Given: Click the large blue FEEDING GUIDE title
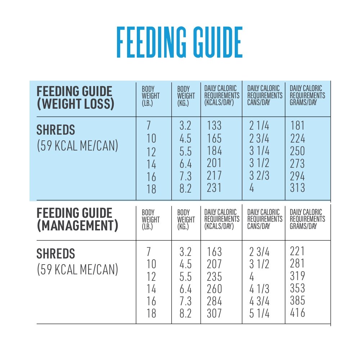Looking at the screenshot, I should (179, 42).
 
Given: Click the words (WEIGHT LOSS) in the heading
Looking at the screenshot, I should (75, 104).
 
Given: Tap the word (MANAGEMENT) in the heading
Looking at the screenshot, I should (77, 226).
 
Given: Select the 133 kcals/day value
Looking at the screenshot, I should (214, 126).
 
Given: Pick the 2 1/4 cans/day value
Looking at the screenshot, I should (259, 126).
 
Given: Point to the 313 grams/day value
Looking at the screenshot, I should (297, 188).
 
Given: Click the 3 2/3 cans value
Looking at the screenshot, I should (259, 176).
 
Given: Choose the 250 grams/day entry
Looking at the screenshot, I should (297, 151).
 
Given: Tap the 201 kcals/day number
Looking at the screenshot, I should (214, 163).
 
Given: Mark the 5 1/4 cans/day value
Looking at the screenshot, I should (259, 314).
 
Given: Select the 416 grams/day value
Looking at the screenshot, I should (297, 312).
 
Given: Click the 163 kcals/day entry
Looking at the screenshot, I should (214, 252).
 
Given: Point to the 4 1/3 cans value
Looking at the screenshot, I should (259, 289).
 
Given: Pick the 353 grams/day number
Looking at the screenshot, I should (297, 288).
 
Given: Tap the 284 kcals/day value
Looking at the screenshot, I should (214, 301).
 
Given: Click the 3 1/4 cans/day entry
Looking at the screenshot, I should (259, 151).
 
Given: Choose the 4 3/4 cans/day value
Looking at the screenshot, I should (259, 301).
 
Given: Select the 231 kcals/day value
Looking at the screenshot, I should (214, 188).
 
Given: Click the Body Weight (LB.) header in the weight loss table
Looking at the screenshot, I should (150, 96).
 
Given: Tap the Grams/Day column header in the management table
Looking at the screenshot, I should (307, 219).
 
